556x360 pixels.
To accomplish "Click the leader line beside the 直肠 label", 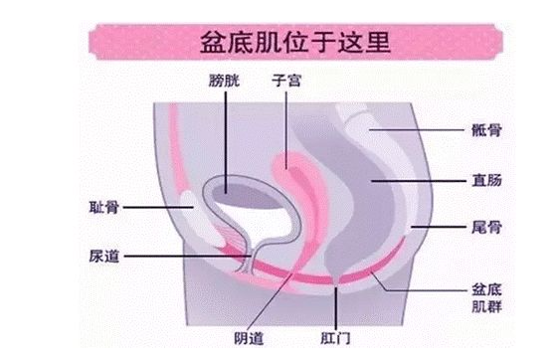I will pos(418,182).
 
